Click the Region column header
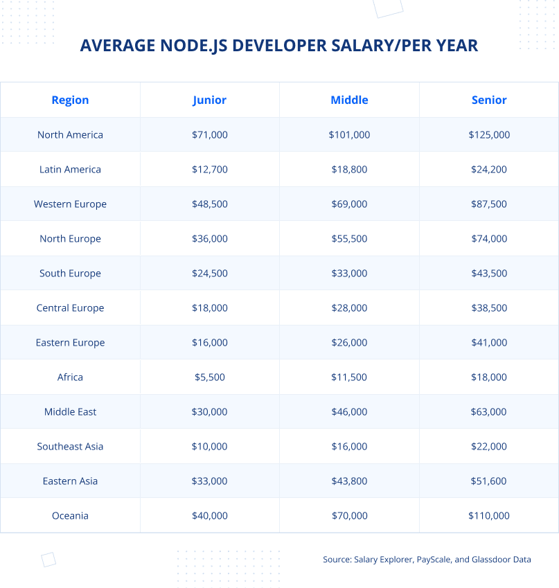70,100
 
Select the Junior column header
209,100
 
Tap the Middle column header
349,100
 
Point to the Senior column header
489,100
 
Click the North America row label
70,135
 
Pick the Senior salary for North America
489,135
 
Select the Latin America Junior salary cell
209,170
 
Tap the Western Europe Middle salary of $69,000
349,204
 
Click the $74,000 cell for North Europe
489,239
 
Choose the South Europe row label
70,274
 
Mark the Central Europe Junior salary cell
209,308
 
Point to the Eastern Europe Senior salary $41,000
489,343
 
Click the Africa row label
70,377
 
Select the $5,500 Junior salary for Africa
209,377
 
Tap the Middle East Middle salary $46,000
349,412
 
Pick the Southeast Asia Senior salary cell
489,447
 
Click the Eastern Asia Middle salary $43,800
349,481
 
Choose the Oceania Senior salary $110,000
489,516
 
